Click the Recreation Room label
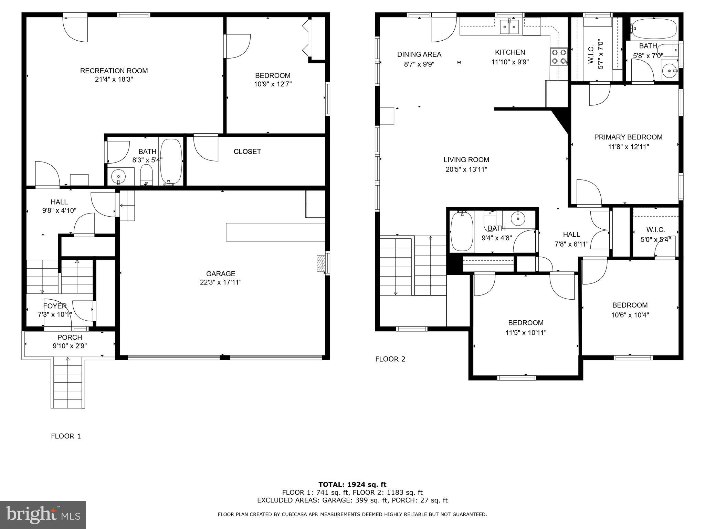(x=114, y=71)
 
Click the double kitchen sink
(x=509, y=27)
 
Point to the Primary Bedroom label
(x=628, y=137)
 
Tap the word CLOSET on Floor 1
(x=247, y=152)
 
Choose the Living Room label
(x=466, y=160)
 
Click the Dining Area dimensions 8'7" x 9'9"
(x=419, y=64)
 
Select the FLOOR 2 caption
(x=390, y=359)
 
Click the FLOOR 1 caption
(x=66, y=436)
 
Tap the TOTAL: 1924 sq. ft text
(x=352, y=485)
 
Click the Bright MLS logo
(x=43, y=515)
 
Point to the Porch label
(x=70, y=338)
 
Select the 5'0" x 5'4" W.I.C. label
(x=655, y=235)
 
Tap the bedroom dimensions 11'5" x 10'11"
(x=526, y=333)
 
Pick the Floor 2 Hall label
(x=571, y=235)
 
